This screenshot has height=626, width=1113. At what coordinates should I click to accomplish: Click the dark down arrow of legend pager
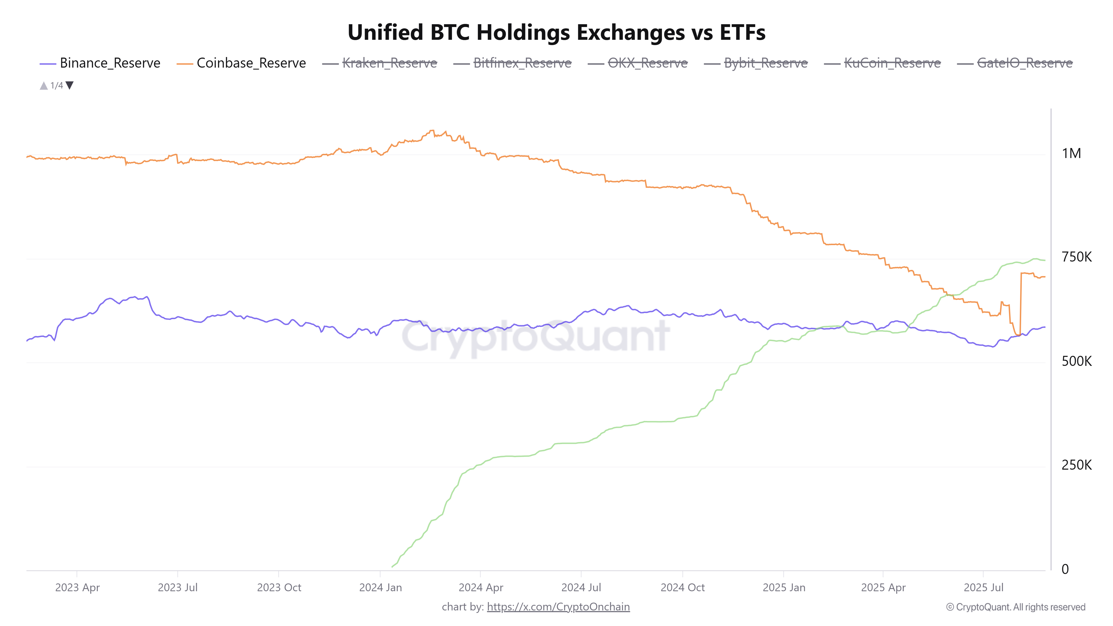click(70, 85)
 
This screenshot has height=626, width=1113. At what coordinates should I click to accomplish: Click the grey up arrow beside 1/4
click(44, 85)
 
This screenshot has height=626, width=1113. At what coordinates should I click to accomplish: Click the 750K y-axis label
click(1076, 257)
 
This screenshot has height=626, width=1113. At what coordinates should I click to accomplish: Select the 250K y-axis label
click(1076, 465)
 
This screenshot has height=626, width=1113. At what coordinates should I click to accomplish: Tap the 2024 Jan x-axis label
click(380, 588)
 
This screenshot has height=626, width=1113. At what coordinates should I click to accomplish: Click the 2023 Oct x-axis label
click(279, 588)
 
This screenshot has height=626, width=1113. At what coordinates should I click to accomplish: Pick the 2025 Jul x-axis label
click(983, 588)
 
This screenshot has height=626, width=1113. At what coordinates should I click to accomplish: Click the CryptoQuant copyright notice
click(1015, 607)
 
